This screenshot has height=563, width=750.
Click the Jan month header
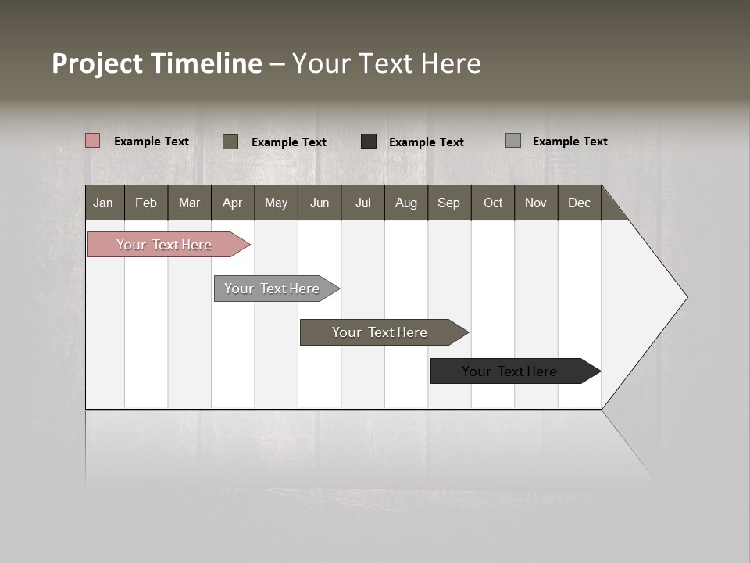point(104,203)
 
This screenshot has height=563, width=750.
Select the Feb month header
point(146,203)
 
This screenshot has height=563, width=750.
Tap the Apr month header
point(233,203)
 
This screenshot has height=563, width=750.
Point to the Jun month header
point(320,203)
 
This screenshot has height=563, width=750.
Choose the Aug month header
point(406,203)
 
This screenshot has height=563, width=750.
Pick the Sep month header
point(449,203)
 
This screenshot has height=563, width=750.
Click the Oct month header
point(493,203)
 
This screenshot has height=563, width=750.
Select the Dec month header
point(580,203)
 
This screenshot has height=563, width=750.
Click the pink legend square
point(93,141)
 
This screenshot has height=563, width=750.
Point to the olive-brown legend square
point(230,142)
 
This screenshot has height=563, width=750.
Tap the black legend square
point(369,141)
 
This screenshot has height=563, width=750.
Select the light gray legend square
point(513,141)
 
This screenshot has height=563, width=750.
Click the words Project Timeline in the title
point(157,63)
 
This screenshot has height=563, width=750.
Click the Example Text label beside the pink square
point(152,142)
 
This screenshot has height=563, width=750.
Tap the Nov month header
point(536,203)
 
